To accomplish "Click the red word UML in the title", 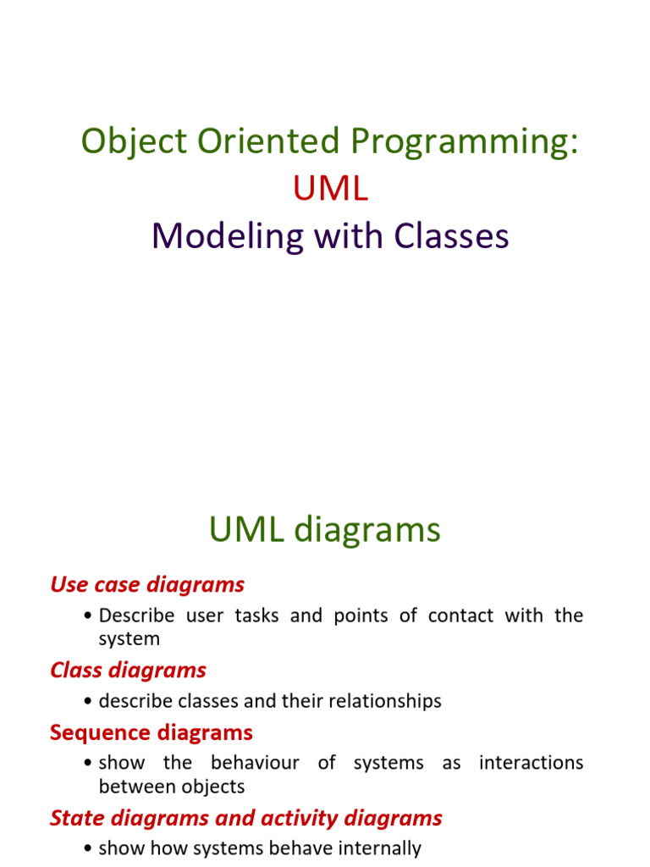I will (331, 189).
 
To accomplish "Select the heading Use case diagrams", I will (147, 584).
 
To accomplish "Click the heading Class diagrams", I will (128, 670).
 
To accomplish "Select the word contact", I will (460, 616).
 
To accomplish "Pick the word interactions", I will (531, 763).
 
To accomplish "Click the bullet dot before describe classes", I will (90, 702).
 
